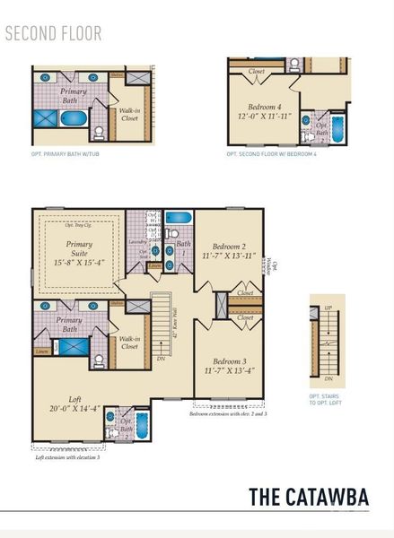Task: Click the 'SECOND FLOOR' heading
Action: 53,34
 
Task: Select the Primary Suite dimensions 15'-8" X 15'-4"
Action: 74,263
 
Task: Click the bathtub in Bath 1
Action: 177,218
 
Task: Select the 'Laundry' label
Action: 137,241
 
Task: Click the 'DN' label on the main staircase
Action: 161,369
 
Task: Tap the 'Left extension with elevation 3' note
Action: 68,457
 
